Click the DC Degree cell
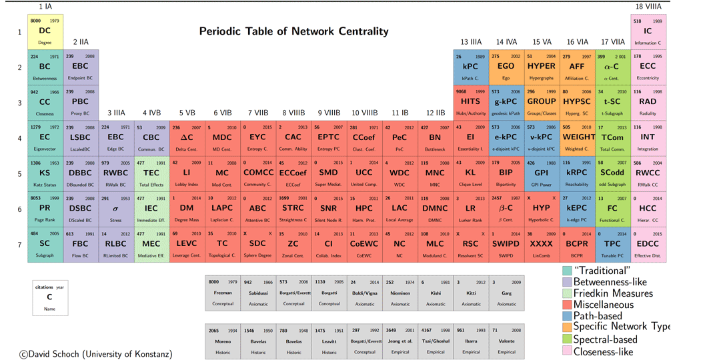pyautogui.click(x=45, y=31)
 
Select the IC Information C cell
pyautogui.click(x=648, y=31)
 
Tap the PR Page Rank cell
pyautogui.click(x=45, y=208)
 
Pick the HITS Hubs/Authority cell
pyautogui.click(x=470, y=102)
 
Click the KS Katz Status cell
pyautogui.click(x=45, y=173)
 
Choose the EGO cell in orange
pyautogui.click(x=506, y=67)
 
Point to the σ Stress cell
pyautogui.click(x=115, y=208)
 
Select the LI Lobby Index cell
pyautogui.click(x=186, y=173)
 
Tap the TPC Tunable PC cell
pyautogui.click(x=612, y=243)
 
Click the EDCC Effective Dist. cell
pyautogui.click(x=648, y=243)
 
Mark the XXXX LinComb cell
pyautogui.click(x=541, y=243)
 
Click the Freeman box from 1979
pyautogui.click(x=223, y=292)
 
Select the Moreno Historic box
pyautogui.click(x=223, y=341)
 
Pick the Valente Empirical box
pyautogui.click(x=506, y=341)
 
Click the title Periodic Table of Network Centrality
pyautogui.click(x=293, y=31)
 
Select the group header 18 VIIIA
pyautogui.click(x=648, y=6)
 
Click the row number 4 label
pyautogui.click(x=19, y=138)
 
